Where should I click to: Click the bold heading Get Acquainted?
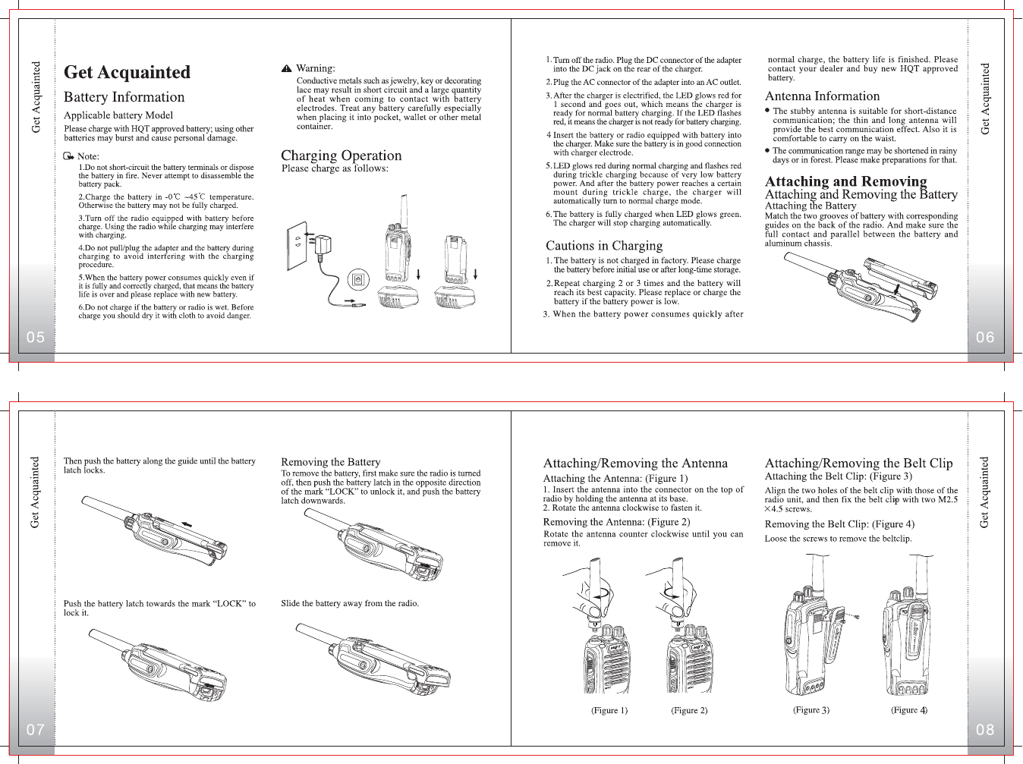[127, 72]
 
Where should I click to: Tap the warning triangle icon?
[286, 68]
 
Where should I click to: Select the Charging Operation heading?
[341, 156]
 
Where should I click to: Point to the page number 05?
[36, 338]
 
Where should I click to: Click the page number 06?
[985, 338]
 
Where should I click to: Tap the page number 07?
[36, 730]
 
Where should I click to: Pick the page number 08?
[985, 730]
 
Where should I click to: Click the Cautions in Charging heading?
[604, 246]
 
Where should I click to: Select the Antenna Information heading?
[822, 96]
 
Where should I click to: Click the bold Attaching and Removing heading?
[845, 181]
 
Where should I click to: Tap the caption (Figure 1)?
[609, 711]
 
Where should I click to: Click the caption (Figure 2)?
[689, 711]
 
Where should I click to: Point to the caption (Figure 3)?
[811, 710]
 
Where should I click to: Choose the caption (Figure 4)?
[909, 710]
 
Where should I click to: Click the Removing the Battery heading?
[330, 462]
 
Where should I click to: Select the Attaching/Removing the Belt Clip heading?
[858, 463]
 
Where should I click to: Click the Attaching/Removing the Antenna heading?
[635, 463]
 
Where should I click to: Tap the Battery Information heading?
[124, 97]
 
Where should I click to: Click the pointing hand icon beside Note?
[69, 156]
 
